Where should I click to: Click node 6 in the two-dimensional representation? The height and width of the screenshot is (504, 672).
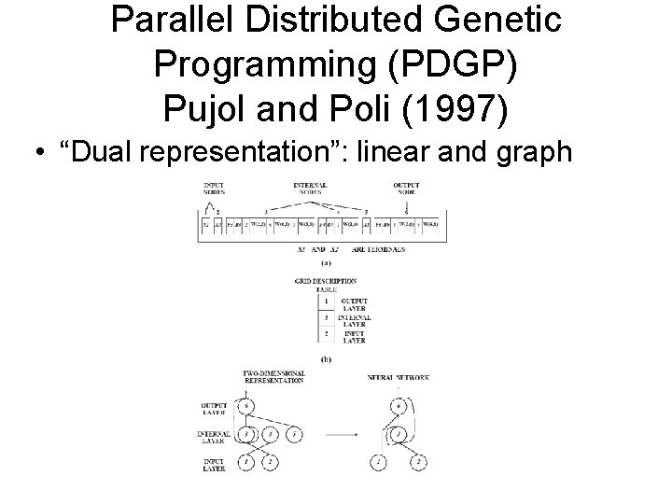coord(245,405)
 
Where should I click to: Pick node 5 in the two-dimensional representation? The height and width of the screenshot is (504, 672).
coord(293,434)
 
